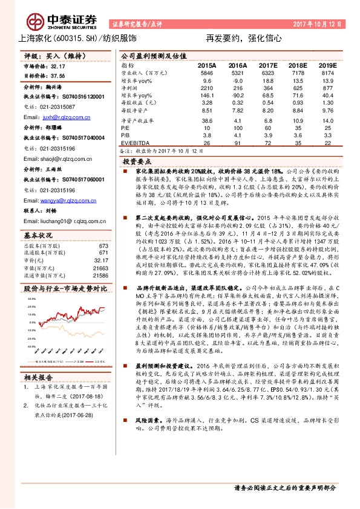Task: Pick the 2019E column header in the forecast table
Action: [x=327, y=64]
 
